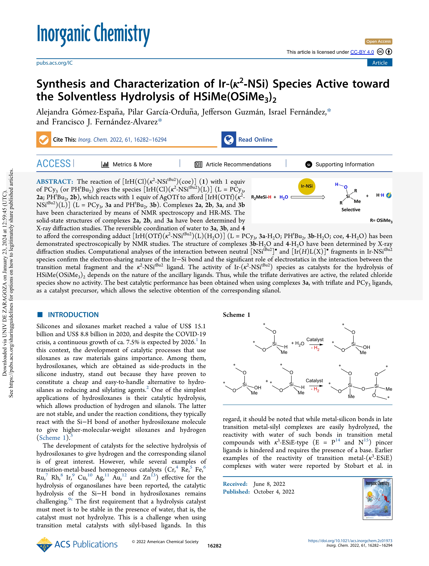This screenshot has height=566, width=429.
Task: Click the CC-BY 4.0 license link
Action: click(362, 52)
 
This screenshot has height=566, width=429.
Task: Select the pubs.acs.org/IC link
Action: click(54, 63)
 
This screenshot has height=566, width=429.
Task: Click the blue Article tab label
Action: click(380, 63)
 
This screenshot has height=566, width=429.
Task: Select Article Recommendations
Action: click(238, 165)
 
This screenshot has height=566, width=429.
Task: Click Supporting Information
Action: click(345, 165)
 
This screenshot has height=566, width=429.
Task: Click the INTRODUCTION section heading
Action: click(73, 315)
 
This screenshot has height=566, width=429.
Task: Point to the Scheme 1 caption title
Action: click(236, 315)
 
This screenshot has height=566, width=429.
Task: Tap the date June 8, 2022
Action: click(269, 484)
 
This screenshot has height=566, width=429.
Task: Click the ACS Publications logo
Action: click(77, 544)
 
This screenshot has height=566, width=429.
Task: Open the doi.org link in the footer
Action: click(350, 541)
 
